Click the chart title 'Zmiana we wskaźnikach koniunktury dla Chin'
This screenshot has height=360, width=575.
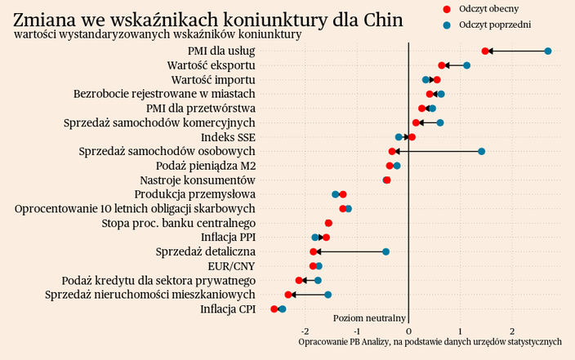point(208,18)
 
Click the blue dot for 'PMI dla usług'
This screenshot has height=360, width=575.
point(548,51)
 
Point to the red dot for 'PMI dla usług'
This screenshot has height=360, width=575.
point(485,51)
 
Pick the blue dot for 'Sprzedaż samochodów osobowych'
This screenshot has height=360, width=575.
point(482,151)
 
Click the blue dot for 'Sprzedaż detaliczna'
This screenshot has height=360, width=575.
point(386,251)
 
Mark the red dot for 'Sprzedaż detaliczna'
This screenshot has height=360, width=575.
point(314,251)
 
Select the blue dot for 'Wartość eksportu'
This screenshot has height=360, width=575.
point(466,65)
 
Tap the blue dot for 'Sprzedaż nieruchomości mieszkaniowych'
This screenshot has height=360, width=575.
point(328,295)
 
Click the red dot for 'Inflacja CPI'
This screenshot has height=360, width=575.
point(274,309)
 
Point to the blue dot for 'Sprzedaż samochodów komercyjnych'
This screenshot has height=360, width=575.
point(440,122)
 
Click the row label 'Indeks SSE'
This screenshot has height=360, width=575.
point(228,137)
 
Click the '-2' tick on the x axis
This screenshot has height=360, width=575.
point(305,331)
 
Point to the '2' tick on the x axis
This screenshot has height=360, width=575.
point(512,331)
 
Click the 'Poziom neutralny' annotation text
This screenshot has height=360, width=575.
point(370,318)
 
